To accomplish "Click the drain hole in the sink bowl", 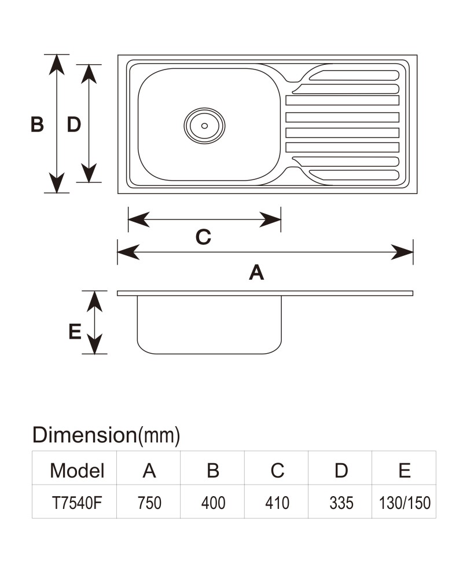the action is coord(204,126).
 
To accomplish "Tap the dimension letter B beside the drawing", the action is coord(37,124).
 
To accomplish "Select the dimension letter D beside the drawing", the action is coord(74,124).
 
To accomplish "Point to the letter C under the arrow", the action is coord(203,237).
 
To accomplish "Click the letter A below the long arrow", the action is coord(256,273).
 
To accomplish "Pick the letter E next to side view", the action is coord(75,331).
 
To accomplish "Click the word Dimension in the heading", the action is coord(84,435).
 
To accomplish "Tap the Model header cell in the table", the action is coord(77,471).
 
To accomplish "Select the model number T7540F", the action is coord(77,503).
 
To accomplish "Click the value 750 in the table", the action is coord(149,503).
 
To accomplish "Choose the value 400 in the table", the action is coord(213,503).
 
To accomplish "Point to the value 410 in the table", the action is coord(277,503).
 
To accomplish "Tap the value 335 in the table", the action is coord(341,503).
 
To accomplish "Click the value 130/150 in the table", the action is coord(405,503).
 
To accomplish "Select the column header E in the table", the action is coord(405,471).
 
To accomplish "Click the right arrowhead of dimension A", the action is coord(402,252).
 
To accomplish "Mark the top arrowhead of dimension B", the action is coord(57,65).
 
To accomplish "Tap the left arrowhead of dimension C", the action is coord(139,219).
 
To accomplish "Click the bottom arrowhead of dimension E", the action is coord(94,344).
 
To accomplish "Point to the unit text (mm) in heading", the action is coord(159,436).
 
